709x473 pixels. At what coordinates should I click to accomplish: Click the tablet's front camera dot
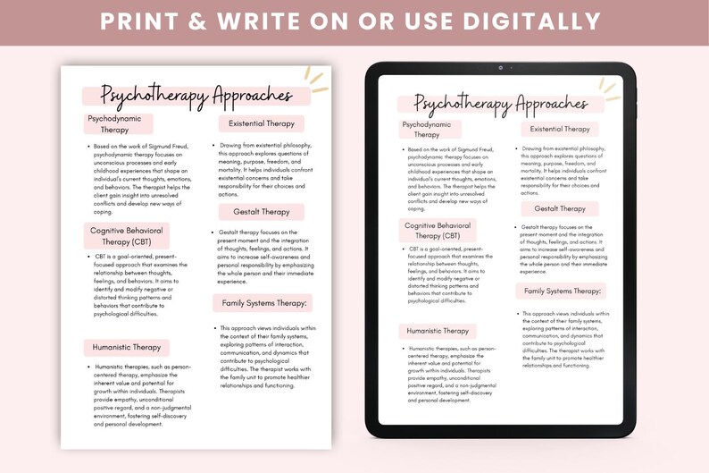click(500, 68)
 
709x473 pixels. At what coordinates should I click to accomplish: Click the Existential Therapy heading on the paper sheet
click(262, 123)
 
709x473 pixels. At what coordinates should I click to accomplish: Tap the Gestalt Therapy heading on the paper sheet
click(262, 212)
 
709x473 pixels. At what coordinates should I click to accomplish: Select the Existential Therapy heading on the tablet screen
click(560, 129)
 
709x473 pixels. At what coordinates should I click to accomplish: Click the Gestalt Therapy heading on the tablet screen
click(560, 208)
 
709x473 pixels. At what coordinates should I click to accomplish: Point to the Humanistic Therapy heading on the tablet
click(438, 331)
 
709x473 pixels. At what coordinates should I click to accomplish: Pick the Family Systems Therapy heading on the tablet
click(563, 291)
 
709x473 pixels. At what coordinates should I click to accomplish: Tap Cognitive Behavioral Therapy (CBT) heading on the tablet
click(438, 231)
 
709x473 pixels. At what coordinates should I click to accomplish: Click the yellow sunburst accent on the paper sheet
click(314, 77)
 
